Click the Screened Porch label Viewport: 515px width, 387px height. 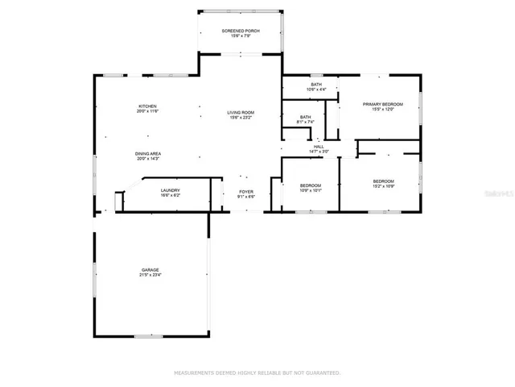240,31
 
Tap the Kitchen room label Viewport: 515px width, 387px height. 146,106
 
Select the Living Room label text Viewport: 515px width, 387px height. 240,112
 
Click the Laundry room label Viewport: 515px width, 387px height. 170,190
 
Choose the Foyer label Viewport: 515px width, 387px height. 245,191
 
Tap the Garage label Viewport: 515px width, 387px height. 150,269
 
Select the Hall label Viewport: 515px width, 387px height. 319,147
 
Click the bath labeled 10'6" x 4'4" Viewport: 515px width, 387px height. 317,89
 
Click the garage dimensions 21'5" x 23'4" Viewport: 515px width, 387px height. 150,275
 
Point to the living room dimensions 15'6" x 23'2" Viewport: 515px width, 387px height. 240,118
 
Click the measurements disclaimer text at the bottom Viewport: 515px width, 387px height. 257,372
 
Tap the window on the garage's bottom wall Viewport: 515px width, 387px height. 149,335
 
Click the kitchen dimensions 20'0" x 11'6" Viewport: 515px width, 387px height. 146,112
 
